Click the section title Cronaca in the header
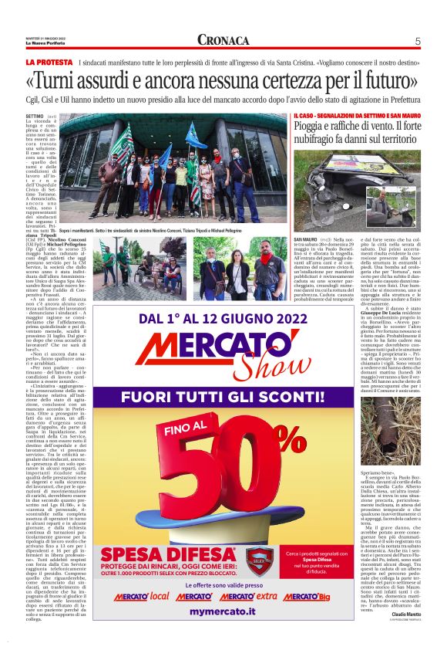[223, 40]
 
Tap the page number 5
[417, 41]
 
